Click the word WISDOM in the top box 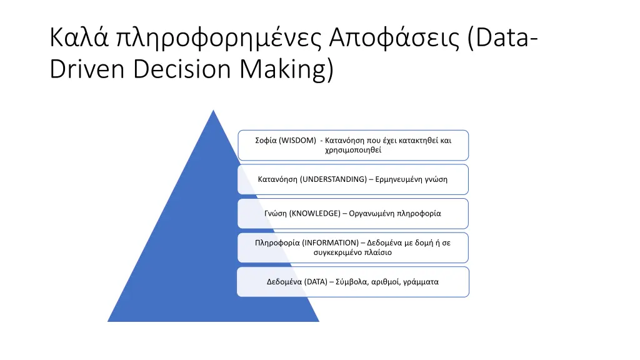299,141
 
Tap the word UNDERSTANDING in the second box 334,179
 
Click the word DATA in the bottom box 316,282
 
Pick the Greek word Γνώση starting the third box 275,213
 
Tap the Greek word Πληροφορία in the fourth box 277,242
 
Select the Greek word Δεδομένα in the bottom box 284,282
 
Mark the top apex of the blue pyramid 214,111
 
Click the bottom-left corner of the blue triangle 108,321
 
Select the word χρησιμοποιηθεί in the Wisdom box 352,150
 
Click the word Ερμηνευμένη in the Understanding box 401,179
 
